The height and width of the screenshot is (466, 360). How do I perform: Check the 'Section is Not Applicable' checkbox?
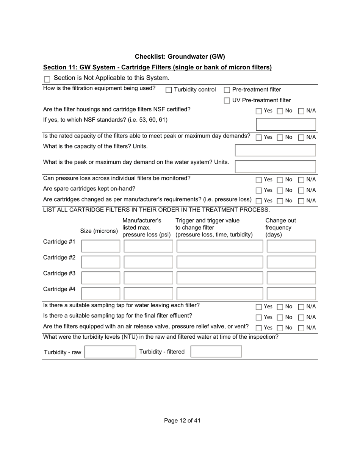47,79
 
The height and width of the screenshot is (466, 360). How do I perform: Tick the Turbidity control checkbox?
169,90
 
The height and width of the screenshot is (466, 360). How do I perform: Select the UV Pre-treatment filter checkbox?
227,100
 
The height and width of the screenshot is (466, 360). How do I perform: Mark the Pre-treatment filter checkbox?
227,90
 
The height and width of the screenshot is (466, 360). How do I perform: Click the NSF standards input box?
286,124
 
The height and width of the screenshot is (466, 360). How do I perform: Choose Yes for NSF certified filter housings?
259,111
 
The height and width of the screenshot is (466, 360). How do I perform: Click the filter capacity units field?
275,150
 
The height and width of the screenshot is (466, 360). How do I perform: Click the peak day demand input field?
275,166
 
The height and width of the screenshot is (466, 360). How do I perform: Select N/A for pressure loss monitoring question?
301,180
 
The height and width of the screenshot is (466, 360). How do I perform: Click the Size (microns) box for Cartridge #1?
101,246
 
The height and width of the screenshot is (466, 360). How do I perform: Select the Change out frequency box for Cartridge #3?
291,278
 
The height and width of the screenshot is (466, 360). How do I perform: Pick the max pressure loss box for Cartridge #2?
148,262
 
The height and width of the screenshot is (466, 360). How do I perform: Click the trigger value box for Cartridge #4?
220,294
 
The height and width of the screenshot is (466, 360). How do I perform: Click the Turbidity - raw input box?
110,352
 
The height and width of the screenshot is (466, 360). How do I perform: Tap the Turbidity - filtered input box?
216,352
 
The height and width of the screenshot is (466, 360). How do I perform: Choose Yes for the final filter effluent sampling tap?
259,317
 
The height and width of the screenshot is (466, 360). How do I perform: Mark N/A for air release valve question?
301,328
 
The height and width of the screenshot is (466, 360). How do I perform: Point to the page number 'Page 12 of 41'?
182,421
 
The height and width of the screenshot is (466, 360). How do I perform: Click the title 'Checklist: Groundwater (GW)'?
180,57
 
